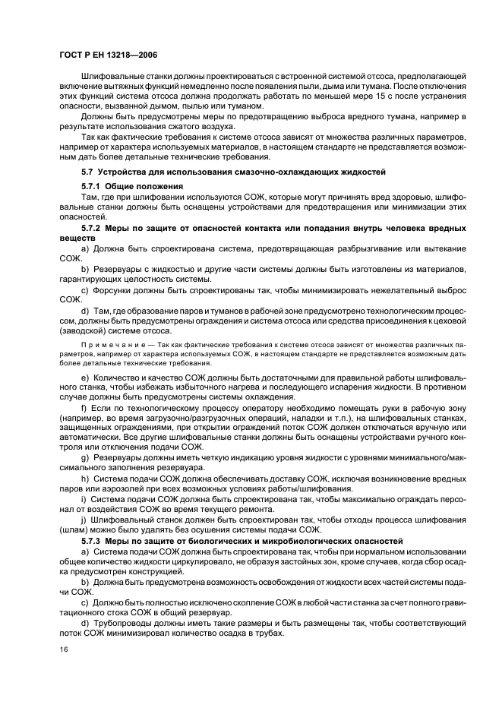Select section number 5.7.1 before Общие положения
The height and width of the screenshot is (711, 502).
click(92, 186)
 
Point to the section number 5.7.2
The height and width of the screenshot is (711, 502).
click(92, 228)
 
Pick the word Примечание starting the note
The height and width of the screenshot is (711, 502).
click(106, 344)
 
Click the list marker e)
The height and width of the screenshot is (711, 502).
click(84, 378)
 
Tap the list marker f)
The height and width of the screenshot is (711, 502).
click(84, 408)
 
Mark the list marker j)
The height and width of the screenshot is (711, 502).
click(84, 519)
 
